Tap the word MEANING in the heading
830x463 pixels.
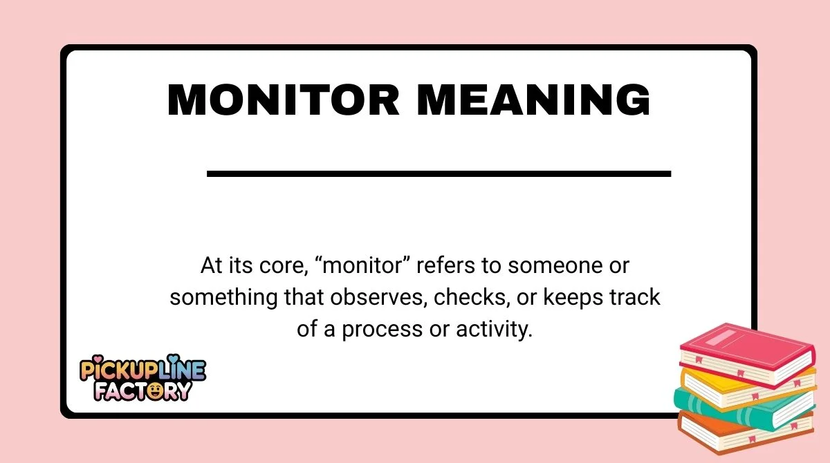coord(534,101)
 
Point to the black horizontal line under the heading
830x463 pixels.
coord(439,173)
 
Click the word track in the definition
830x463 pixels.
coord(634,298)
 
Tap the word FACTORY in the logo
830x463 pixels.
coord(142,390)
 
